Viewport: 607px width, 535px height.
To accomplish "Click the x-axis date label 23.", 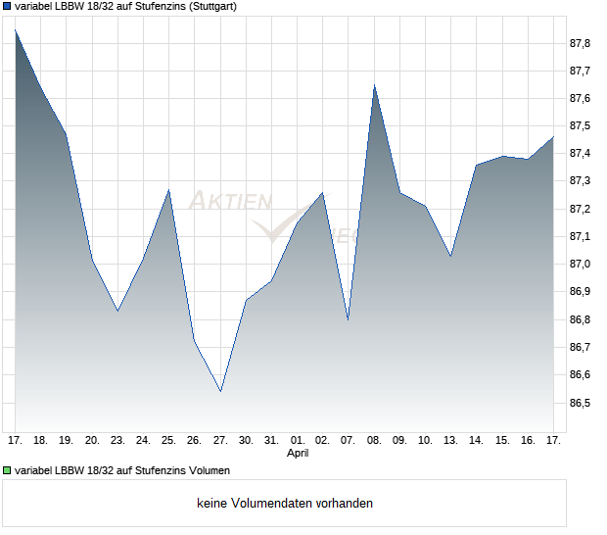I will (117, 441).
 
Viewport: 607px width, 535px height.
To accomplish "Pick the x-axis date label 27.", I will (220, 441).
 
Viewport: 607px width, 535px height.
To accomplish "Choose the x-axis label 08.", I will (374, 441).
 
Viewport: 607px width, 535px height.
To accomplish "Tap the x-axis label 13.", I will (451, 441).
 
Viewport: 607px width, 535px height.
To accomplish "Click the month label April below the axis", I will (298, 454).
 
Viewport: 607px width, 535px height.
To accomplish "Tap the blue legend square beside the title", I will (8, 7).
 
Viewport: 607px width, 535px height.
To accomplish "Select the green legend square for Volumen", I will (8, 471).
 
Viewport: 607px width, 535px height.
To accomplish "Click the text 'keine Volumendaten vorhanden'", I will (285, 504).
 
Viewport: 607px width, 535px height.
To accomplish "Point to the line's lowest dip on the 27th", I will (220, 391).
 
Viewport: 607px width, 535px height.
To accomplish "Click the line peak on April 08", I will (374, 85).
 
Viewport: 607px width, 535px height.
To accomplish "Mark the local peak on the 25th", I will (169, 189).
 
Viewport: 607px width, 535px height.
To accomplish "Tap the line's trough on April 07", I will (349, 319).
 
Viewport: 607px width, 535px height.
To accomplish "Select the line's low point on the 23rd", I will (117, 311).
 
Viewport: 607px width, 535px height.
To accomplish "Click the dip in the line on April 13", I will (451, 256).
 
